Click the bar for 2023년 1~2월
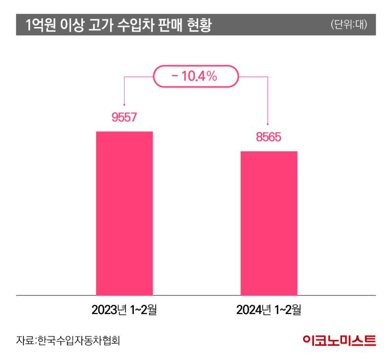click(x=124, y=213)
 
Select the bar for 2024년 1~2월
click(x=269, y=223)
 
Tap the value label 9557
click(x=123, y=117)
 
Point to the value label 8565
click(x=268, y=137)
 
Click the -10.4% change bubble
click(x=195, y=76)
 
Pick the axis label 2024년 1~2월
click(x=269, y=310)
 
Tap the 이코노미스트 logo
click(x=339, y=339)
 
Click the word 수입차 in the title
click(x=137, y=25)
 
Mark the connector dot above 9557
click(x=124, y=104)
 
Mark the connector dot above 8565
click(x=268, y=124)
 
